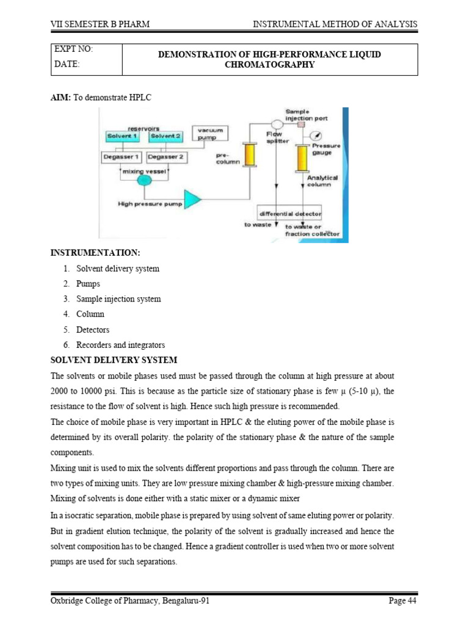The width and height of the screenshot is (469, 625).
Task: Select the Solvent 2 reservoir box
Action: pyautogui.click(x=166, y=136)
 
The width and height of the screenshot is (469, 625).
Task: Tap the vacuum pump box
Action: pyautogui.click(x=209, y=132)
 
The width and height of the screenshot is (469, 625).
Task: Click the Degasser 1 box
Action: pyautogui.click(x=121, y=157)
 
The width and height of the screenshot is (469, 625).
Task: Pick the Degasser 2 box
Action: pyautogui.click(x=166, y=157)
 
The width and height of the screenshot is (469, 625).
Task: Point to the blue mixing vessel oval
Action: pyautogui.click(x=145, y=181)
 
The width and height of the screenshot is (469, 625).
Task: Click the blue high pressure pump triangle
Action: pyautogui.click(x=192, y=198)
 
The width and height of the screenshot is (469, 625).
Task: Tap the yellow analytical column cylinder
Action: pyautogui.click(x=302, y=158)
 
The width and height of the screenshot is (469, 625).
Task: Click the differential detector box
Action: pyautogui.click(x=290, y=214)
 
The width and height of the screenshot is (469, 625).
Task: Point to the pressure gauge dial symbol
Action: pyautogui.click(x=318, y=135)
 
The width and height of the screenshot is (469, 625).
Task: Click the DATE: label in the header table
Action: pyautogui.click(x=67, y=65)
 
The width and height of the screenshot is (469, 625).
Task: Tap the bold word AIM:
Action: pyautogui.click(x=60, y=97)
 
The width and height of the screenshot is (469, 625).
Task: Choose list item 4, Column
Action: pyautogui.click(x=90, y=314)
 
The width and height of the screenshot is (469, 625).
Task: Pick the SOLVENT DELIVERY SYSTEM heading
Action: pyautogui.click(x=114, y=359)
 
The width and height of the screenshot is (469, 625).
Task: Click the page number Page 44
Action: pyautogui.click(x=402, y=601)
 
